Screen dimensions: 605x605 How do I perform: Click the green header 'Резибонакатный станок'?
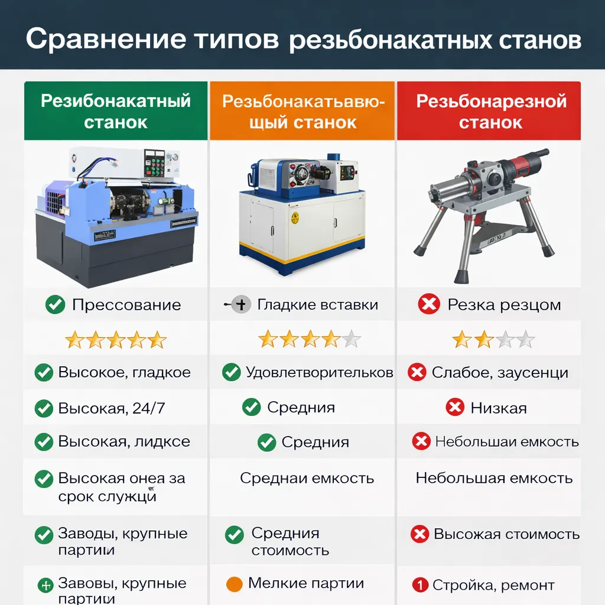click(x=116, y=111)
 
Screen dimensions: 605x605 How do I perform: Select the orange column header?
click(x=302, y=111)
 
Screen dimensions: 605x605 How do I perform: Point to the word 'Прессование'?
click(x=126, y=305)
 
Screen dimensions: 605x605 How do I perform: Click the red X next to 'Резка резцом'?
click(x=428, y=305)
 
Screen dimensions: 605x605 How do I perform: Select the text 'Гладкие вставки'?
click(x=317, y=305)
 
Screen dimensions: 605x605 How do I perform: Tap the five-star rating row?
click(x=116, y=340)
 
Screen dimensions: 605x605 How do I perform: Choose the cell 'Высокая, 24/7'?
click(x=112, y=408)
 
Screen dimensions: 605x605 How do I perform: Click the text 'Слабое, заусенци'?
click(x=500, y=373)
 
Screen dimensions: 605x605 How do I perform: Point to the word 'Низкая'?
click(x=498, y=408)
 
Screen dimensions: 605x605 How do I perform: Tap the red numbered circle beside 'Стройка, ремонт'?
click(x=419, y=586)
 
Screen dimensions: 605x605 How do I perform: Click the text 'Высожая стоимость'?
click(x=506, y=535)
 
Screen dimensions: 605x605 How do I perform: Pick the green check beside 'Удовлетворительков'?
click(x=231, y=372)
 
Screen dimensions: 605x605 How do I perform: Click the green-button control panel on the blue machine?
click(x=157, y=162)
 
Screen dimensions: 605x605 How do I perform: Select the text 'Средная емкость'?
click(x=307, y=478)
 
